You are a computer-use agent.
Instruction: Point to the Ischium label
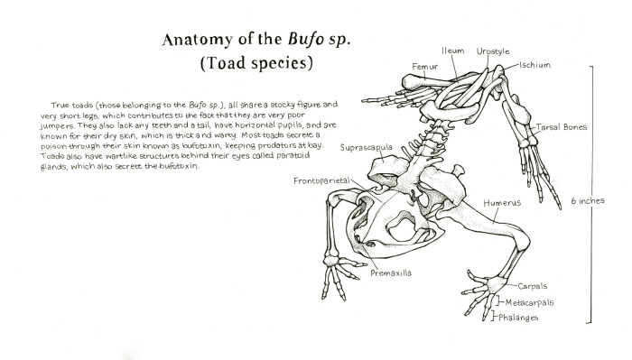tap(534, 66)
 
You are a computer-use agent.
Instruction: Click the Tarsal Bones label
tap(564, 127)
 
